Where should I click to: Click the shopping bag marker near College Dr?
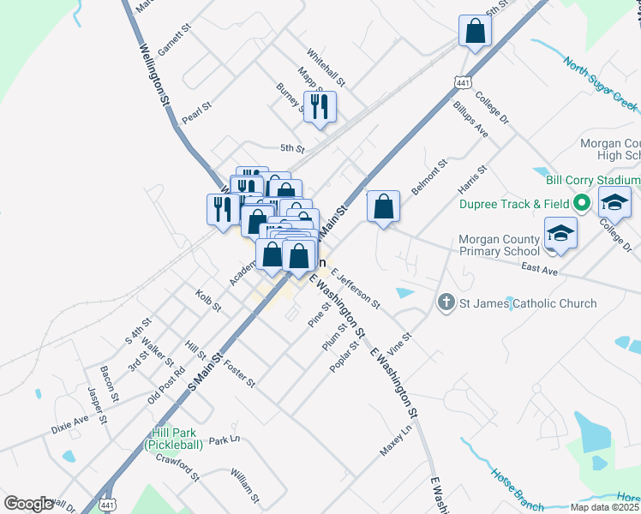coord(474,32)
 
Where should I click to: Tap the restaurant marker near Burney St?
coord(320,107)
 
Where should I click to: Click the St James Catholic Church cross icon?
coord(446,302)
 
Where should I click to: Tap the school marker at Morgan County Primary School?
coord(560,234)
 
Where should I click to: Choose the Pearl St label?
coord(196,111)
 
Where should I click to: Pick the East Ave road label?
coord(539,268)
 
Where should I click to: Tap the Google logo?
coord(28,504)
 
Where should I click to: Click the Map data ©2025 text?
coord(604,507)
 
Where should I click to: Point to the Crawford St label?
coord(177,463)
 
